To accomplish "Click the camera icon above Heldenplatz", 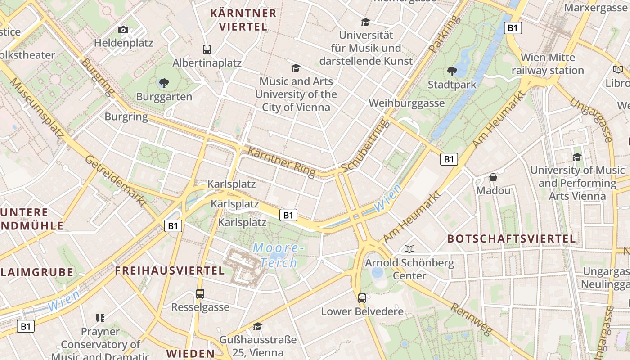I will point(123,30).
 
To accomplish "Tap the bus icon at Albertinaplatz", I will point(207,49).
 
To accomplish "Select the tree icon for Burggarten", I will point(164,83).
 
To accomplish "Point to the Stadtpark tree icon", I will point(452,71).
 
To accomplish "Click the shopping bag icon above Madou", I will point(493,177).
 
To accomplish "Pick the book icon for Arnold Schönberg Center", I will point(409,249).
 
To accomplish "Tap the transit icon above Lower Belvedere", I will point(362,298).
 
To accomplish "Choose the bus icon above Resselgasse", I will point(200,294).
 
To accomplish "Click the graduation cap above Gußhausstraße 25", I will point(257,326).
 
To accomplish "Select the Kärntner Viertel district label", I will point(243,20).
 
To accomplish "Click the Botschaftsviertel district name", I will point(511,239).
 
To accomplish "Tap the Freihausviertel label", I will point(170,270).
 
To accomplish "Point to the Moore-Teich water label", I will point(275,255).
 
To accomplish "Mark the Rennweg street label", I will point(471,319).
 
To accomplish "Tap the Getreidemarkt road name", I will point(116,181).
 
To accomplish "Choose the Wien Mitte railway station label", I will point(548,64).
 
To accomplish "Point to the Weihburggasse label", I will point(406,103).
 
